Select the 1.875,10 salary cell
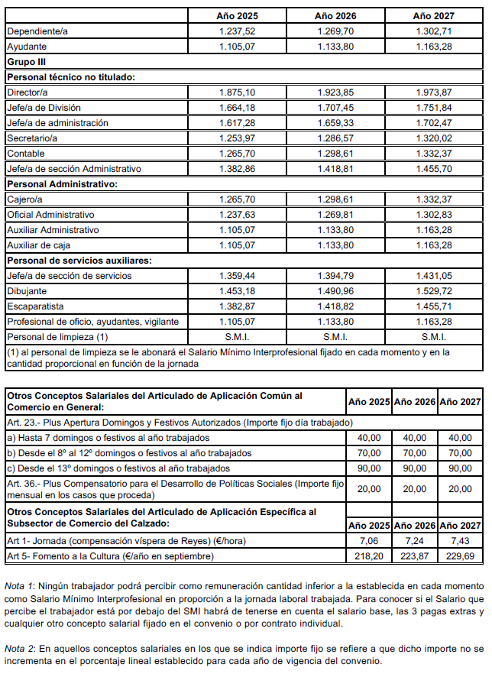[237, 92]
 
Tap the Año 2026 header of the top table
[335, 15]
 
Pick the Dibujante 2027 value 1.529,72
[432, 291]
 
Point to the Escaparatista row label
[36, 306]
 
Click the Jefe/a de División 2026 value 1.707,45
[335, 108]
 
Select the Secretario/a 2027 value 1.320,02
[432, 138]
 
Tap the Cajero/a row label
[25, 199]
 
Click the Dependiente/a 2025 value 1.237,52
[237, 31]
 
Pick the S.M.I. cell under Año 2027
[432, 337]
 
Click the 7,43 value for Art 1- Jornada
[461, 541]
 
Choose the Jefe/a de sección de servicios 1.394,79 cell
[335, 276]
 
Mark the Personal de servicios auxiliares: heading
[79, 261]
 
